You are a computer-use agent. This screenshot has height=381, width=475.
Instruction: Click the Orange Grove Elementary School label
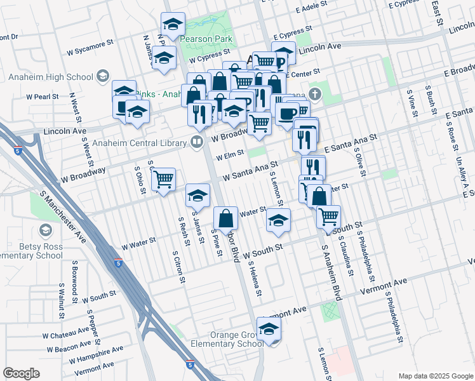(227, 339)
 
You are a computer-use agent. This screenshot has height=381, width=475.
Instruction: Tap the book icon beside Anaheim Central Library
(197, 141)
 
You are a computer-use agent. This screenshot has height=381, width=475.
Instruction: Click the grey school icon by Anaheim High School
(101, 77)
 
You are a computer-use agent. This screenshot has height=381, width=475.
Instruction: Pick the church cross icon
(316, 95)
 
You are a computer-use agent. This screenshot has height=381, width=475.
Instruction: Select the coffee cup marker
(286, 114)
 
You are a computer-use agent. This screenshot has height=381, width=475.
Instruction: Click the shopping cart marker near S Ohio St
(164, 180)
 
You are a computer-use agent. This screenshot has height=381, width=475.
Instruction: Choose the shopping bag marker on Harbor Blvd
(226, 218)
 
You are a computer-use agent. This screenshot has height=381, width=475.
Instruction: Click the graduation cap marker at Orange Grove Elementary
(269, 328)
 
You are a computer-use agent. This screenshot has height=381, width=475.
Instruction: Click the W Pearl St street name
(43, 97)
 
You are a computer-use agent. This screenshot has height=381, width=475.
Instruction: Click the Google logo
(21, 373)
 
